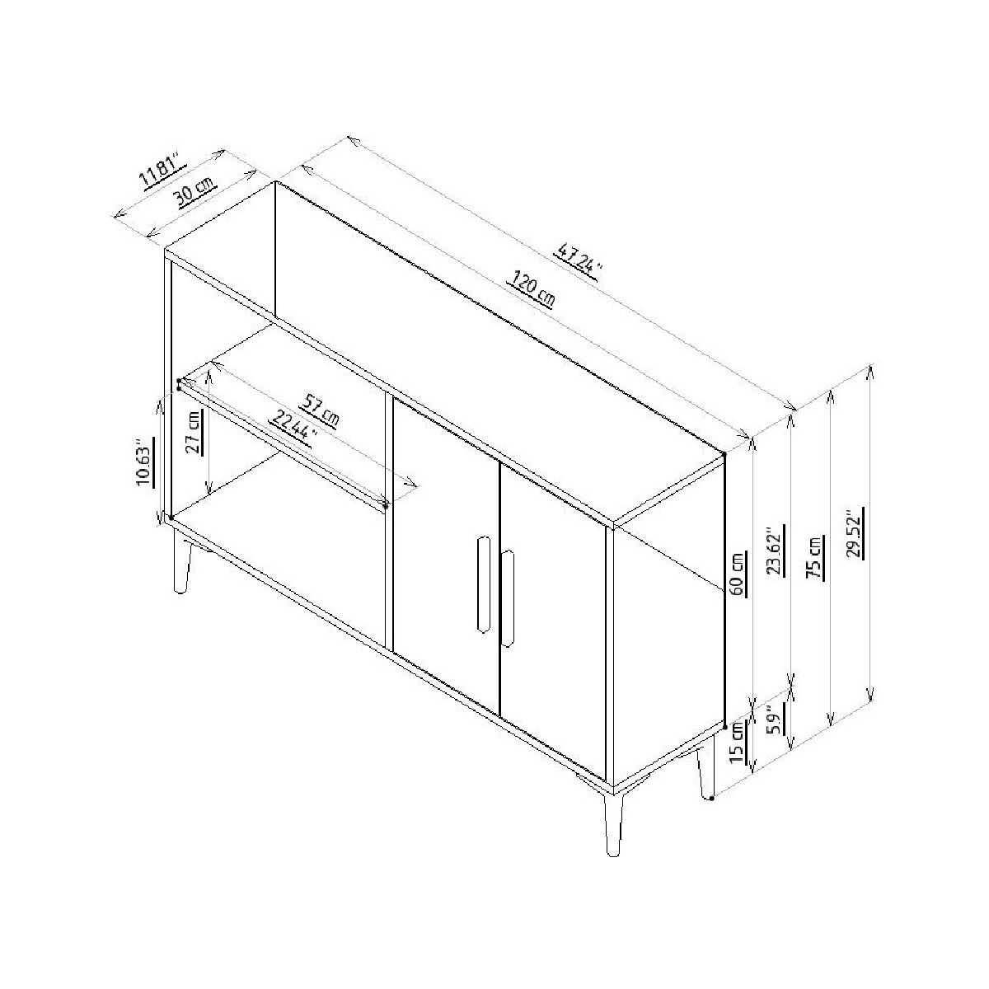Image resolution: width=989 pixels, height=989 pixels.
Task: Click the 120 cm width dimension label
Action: [532, 290]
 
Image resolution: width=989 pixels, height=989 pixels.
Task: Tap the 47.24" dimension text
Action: [578, 262]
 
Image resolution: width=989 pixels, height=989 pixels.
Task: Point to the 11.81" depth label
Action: [162, 171]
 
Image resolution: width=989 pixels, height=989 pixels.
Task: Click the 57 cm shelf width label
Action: [319, 410]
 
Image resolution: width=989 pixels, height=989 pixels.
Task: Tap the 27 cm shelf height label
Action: [195, 432]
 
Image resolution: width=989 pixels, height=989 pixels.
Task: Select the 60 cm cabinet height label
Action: [737, 574]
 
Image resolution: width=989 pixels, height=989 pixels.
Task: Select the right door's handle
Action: [508, 599]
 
